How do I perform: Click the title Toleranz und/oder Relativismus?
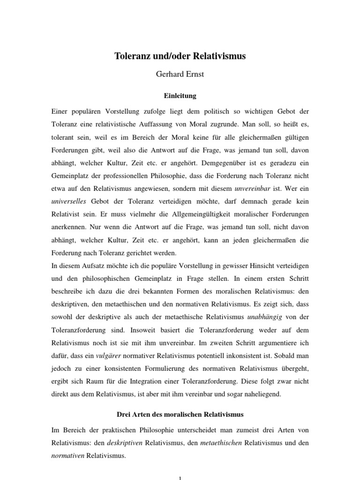click(x=180, y=56)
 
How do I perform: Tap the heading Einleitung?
click(x=180, y=96)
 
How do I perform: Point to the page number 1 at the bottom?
click(x=180, y=477)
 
